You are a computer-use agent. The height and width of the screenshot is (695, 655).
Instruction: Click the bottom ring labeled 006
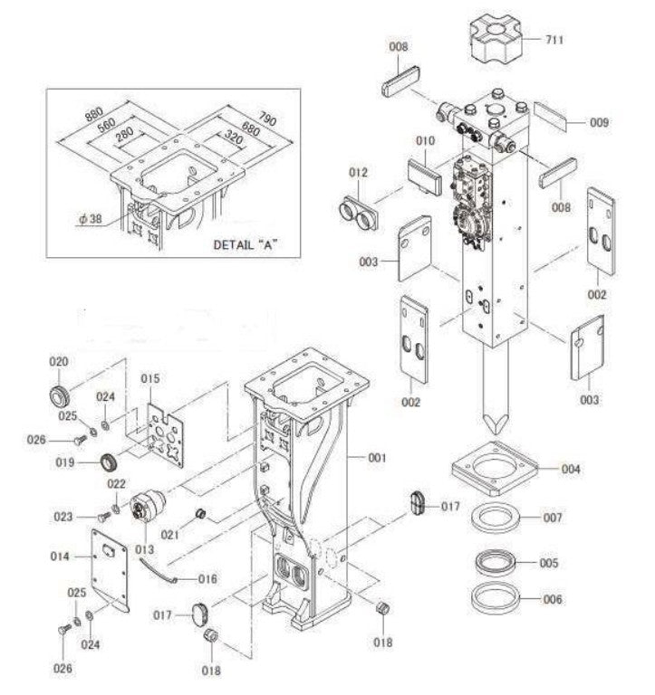click(495, 598)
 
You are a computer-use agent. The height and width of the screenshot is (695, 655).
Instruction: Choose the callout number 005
click(549, 563)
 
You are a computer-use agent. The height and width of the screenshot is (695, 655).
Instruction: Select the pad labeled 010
click(422, 176)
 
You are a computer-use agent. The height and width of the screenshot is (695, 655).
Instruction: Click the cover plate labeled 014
click(113, 570)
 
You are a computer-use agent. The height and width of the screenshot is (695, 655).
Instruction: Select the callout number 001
click(376, 458)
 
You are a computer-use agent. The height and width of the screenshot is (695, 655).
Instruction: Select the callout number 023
click(63, 518)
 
